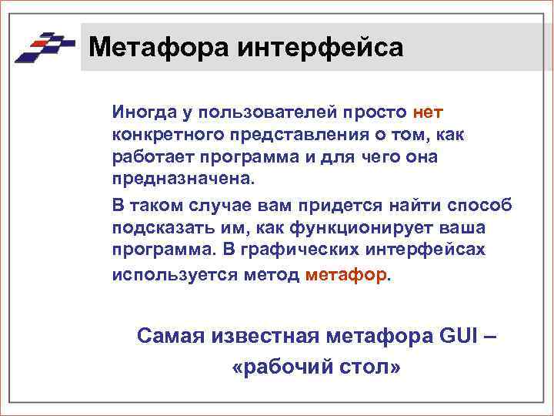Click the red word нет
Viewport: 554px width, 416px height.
[428, 113]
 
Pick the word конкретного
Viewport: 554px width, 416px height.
[159, 135]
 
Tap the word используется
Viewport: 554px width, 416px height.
[162, 273]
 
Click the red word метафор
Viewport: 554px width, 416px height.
[347, 273]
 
